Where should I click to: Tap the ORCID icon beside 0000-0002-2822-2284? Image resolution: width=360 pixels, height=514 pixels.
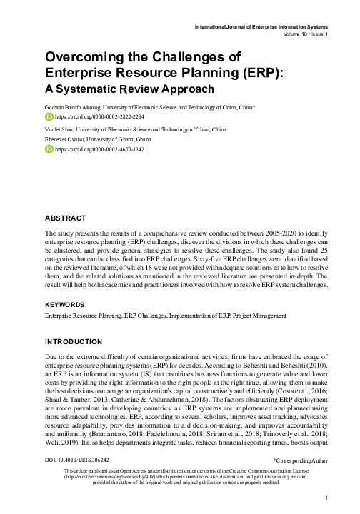[x=49, y=115]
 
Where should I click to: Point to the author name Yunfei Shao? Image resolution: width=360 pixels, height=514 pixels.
[x=61, y=129]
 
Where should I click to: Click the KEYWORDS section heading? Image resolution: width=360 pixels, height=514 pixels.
[x=66, y=304]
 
